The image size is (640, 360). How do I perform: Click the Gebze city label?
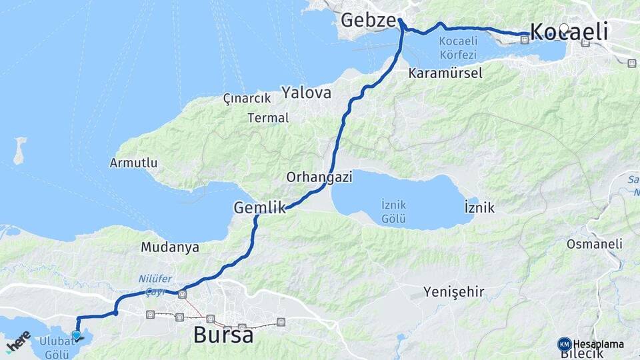pos(368,20)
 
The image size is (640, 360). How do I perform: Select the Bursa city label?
pos(223,335)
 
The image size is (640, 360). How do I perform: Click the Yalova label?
pos(306,93)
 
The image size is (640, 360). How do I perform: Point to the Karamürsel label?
pos(446,73)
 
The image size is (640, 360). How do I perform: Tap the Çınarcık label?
pos(247,98)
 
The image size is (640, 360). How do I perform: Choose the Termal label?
pos(268,118)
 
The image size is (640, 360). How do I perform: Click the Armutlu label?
pos(133,163)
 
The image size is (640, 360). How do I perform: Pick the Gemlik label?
pos(259,209)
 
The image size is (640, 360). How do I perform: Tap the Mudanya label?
pos(170,247)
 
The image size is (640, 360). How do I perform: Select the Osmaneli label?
pos(594,244)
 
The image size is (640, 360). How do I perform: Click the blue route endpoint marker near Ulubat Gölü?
pos(76,335)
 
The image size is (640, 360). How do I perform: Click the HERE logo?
pos(18,342)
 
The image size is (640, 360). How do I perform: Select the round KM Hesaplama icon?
pos(565,344)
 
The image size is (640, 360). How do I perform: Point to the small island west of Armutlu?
pos(19,151)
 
